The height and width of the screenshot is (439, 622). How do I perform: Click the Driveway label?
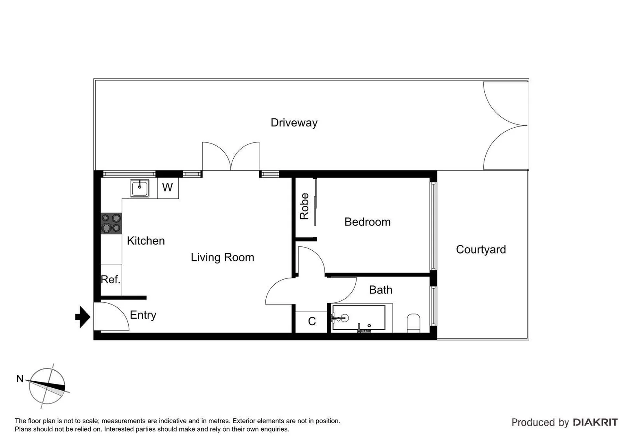(x=294, y=123)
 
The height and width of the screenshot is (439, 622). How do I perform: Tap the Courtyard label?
(x=481, y=250)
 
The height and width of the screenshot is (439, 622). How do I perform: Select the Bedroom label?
(x=367, y=222)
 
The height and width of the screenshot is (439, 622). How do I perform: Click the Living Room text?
(x=222, y=257)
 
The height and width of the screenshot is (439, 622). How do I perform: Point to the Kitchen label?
(x=146, y=241)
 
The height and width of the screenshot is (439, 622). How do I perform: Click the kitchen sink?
(x=140, y=188)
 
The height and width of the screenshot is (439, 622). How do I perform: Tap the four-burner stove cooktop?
(x=111, y=224)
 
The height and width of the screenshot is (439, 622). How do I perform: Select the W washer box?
(x=168, y=188)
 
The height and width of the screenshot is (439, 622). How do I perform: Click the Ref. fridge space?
(x=111, y=280)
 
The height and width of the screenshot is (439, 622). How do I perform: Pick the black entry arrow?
(x=83, y=316)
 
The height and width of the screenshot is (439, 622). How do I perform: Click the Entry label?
(x=143, y=315)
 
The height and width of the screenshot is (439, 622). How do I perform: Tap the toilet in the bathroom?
(x=413, y=323)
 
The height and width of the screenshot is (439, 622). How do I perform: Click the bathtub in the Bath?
(x=359, y=318)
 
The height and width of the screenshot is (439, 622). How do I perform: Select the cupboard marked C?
(x=312, y=322)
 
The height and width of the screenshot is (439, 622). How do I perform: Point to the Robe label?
(x=304, y=206)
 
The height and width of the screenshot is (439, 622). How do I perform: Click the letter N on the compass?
(x=20, y=379)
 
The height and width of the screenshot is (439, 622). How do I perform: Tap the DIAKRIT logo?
(x=595, y=422)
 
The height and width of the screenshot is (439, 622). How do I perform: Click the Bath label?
(x=381, y=290)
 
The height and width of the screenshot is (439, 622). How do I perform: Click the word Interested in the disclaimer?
(x=118, y=429)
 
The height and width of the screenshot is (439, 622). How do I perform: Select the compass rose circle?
(x=47, y=386)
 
